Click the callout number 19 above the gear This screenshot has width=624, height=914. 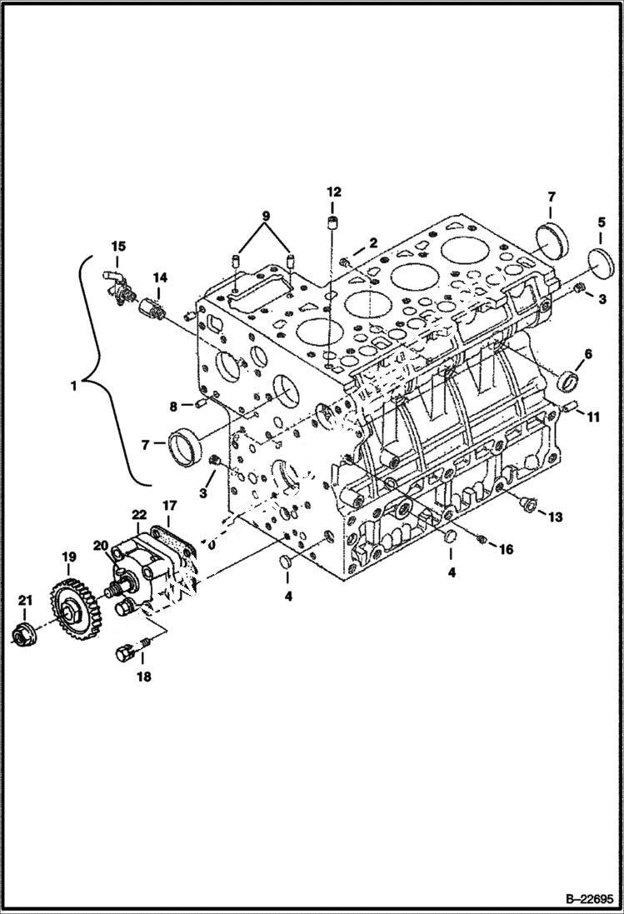point(67,556)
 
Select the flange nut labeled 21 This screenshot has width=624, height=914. point(24,636)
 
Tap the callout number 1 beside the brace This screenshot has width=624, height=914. point(74,386)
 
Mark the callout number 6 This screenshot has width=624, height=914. point(587,354)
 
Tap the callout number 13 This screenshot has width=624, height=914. point(555,517)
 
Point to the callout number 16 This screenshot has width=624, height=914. point(506,550)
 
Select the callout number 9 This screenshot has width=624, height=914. point(266,216)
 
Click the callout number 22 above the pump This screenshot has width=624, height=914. point(139,516)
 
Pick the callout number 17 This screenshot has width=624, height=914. point(169,505)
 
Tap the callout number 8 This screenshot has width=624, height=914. point(173,407)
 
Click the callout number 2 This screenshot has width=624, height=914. point(373,242)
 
